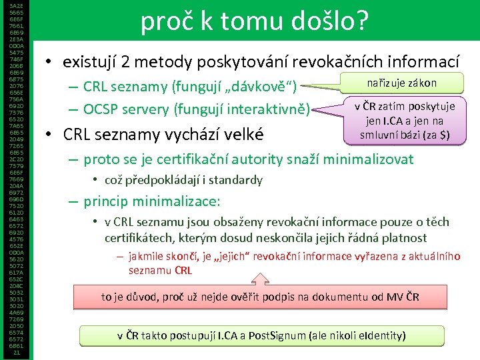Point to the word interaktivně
270,109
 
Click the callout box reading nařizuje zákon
402,83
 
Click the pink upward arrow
261,279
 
